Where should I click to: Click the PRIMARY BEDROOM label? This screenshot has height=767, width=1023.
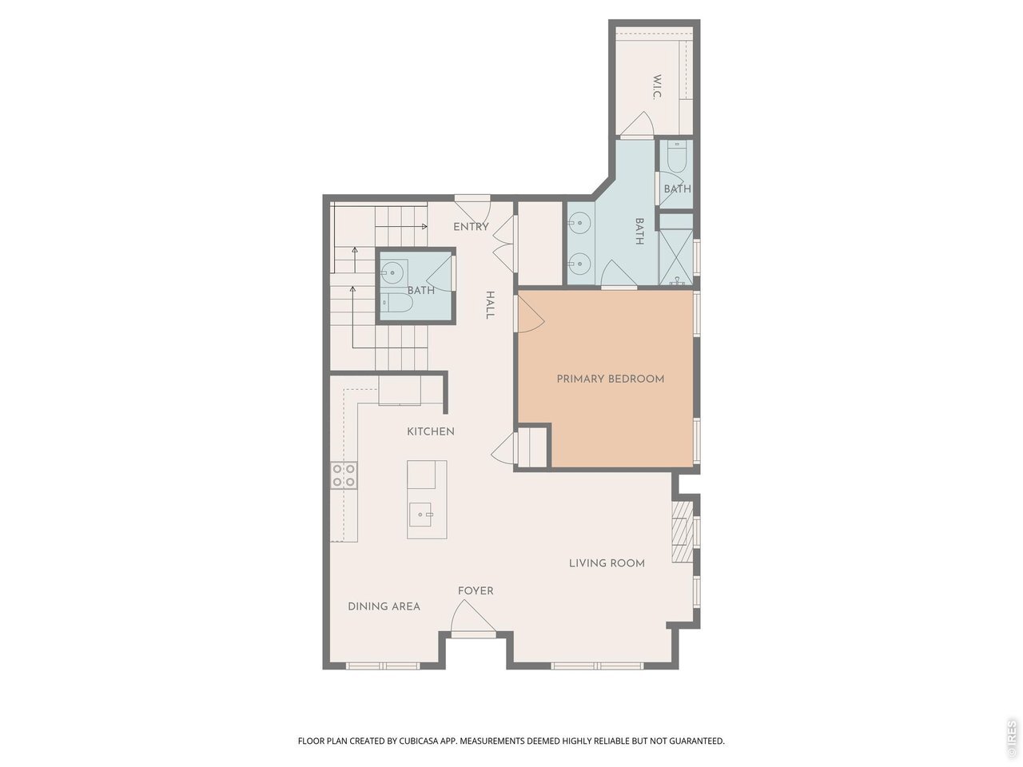[x=610, y=379]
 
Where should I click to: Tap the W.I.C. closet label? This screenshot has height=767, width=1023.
[x=657, y=87]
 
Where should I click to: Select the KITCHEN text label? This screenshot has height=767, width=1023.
[x=431, y=431]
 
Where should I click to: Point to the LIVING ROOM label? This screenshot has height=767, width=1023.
[x=607, y=563]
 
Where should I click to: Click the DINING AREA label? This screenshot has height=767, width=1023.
[x=384, y=606]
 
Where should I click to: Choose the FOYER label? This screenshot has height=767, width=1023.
[x=476, y=591]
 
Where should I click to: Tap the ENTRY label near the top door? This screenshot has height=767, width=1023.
[x=471, y=227]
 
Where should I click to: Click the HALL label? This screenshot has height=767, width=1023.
[x=489, y=305]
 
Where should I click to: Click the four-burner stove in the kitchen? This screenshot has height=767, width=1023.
[x=344, y=475]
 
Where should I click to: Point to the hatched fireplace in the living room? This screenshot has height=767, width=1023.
[x=683, y=531]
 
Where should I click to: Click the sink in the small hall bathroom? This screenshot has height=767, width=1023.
[x=394, y=272]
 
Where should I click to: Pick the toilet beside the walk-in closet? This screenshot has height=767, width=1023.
[x=676, y=157]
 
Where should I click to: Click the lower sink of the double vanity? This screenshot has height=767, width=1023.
[x=579, y=264]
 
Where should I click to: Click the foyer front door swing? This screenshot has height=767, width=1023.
[x=472, y=617]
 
